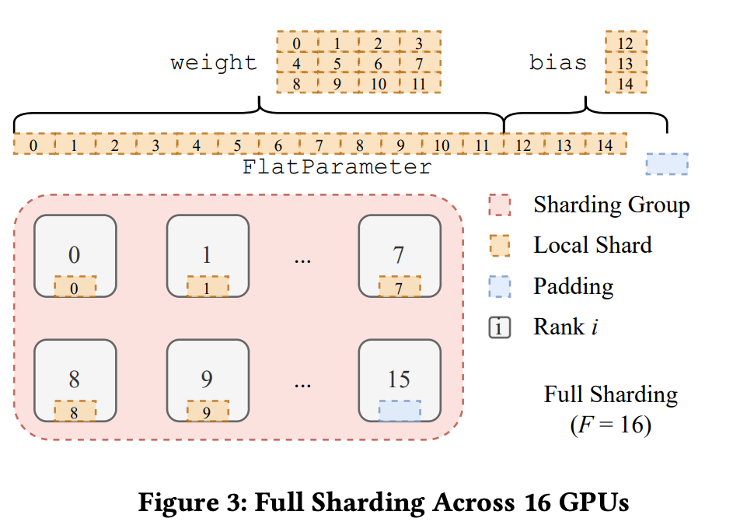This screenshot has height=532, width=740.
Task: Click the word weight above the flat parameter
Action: pyautogui.click(x=214, y=62)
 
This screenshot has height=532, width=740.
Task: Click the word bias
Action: pyautogui.click(x=557, y=62)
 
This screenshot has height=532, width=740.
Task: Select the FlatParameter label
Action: pyautogui.click(x=337, y=167)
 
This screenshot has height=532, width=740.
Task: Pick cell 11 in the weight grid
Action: pyautogui.click(x=420, y=83)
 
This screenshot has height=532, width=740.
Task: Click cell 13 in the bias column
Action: pyautogui.click(x=625, y=62)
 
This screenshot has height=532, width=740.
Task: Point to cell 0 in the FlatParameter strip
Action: pyautogui.click(x=33, y=145)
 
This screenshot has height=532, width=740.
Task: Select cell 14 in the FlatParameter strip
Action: pyautogui.click(x=606, y=145)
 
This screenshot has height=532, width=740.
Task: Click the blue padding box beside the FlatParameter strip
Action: pyautogui.click(x=667, y=163)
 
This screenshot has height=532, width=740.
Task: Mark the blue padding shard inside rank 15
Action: pyautogui.click(x=400, y=411)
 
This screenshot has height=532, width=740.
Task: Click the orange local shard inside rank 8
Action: pyautogui.click(x=75, y=411)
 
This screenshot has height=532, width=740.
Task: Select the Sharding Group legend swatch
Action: pyautogui.click(x=499, y=205)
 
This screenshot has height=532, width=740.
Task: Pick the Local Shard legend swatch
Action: pyautogui.click(x=499, y=246)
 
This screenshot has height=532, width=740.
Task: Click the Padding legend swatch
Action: pyautogui.click(x=499, y=287)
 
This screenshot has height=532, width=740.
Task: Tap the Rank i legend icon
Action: pyautogui.click(x=499, y=327)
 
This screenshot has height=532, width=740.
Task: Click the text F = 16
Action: pyautogui.click(x=611, y=425)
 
